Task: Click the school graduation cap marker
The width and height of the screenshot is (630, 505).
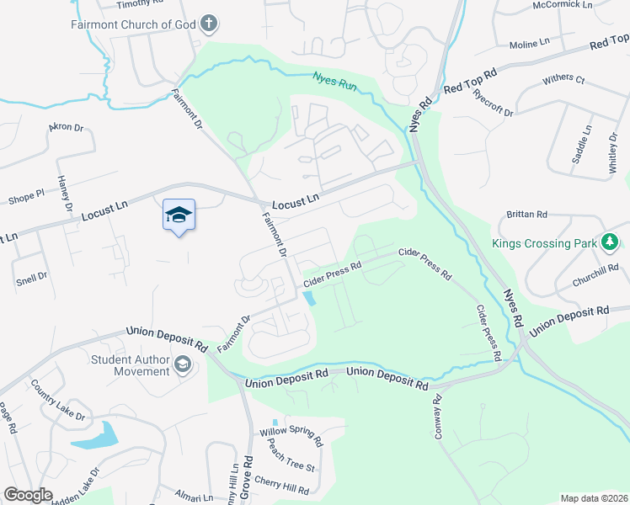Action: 179,215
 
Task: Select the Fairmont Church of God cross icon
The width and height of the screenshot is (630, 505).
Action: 210,24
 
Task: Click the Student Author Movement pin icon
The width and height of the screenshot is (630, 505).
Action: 183,365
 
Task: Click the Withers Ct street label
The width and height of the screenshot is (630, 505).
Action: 563,79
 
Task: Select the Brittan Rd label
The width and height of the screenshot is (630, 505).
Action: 527,215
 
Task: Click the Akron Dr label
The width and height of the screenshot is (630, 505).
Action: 67,127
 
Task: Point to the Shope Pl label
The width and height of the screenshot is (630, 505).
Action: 25,199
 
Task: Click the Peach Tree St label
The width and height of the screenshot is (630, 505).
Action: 287,460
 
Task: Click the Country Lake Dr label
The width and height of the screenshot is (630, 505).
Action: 58,399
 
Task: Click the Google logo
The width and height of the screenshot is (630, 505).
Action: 28,495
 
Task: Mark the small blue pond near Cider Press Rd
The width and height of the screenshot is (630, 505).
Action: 310,297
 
